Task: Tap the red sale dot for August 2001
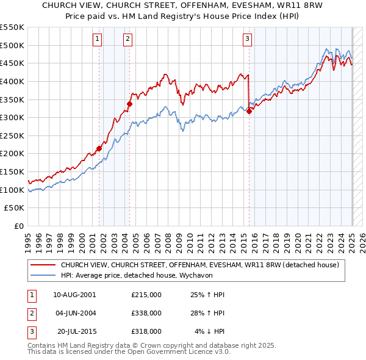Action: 99,148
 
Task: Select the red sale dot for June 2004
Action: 129,104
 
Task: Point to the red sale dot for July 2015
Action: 249,110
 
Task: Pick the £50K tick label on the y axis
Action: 15,208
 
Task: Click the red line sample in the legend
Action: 43,265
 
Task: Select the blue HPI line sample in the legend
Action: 43,275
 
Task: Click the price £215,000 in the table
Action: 146,295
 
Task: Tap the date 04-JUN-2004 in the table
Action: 76,313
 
